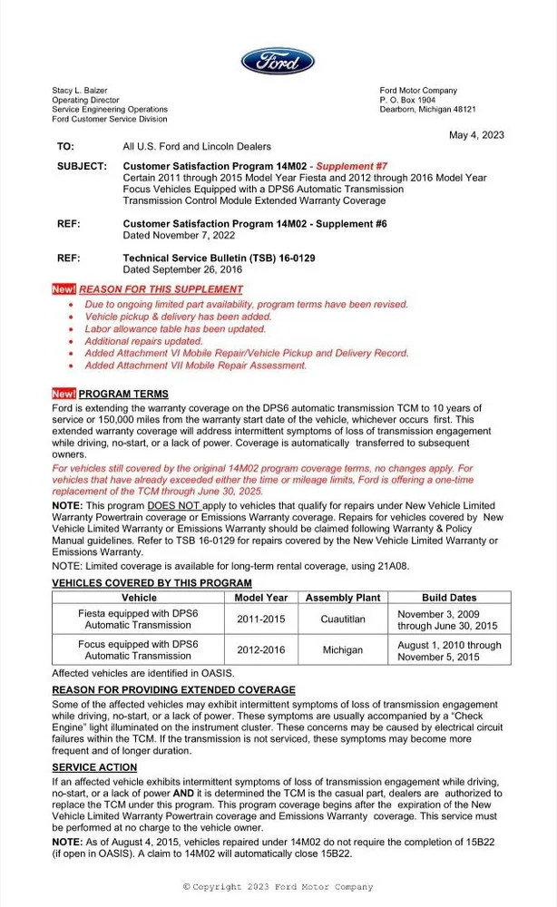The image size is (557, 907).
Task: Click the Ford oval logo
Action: [278, 62]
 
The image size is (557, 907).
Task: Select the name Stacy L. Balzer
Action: [80, 91]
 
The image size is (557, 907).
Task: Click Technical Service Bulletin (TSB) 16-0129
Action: [219, 258]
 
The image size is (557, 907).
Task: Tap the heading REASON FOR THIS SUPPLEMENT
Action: [161, 289]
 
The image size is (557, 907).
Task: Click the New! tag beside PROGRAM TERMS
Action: [64, 394]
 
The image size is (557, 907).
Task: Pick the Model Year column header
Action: [261, 598]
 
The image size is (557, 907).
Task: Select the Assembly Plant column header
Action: [343, 598]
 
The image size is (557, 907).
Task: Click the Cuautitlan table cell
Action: [343, 619]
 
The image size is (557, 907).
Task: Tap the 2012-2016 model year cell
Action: [261, 650]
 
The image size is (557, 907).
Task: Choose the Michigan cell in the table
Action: [343, 650]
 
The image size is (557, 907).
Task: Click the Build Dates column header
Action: [448, 598]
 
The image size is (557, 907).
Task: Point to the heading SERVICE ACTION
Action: [94, 768]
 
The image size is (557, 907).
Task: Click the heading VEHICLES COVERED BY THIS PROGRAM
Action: [152, 582]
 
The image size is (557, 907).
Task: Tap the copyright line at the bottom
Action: [278, 886]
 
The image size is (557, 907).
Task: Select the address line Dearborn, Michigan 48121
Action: [427, 110]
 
